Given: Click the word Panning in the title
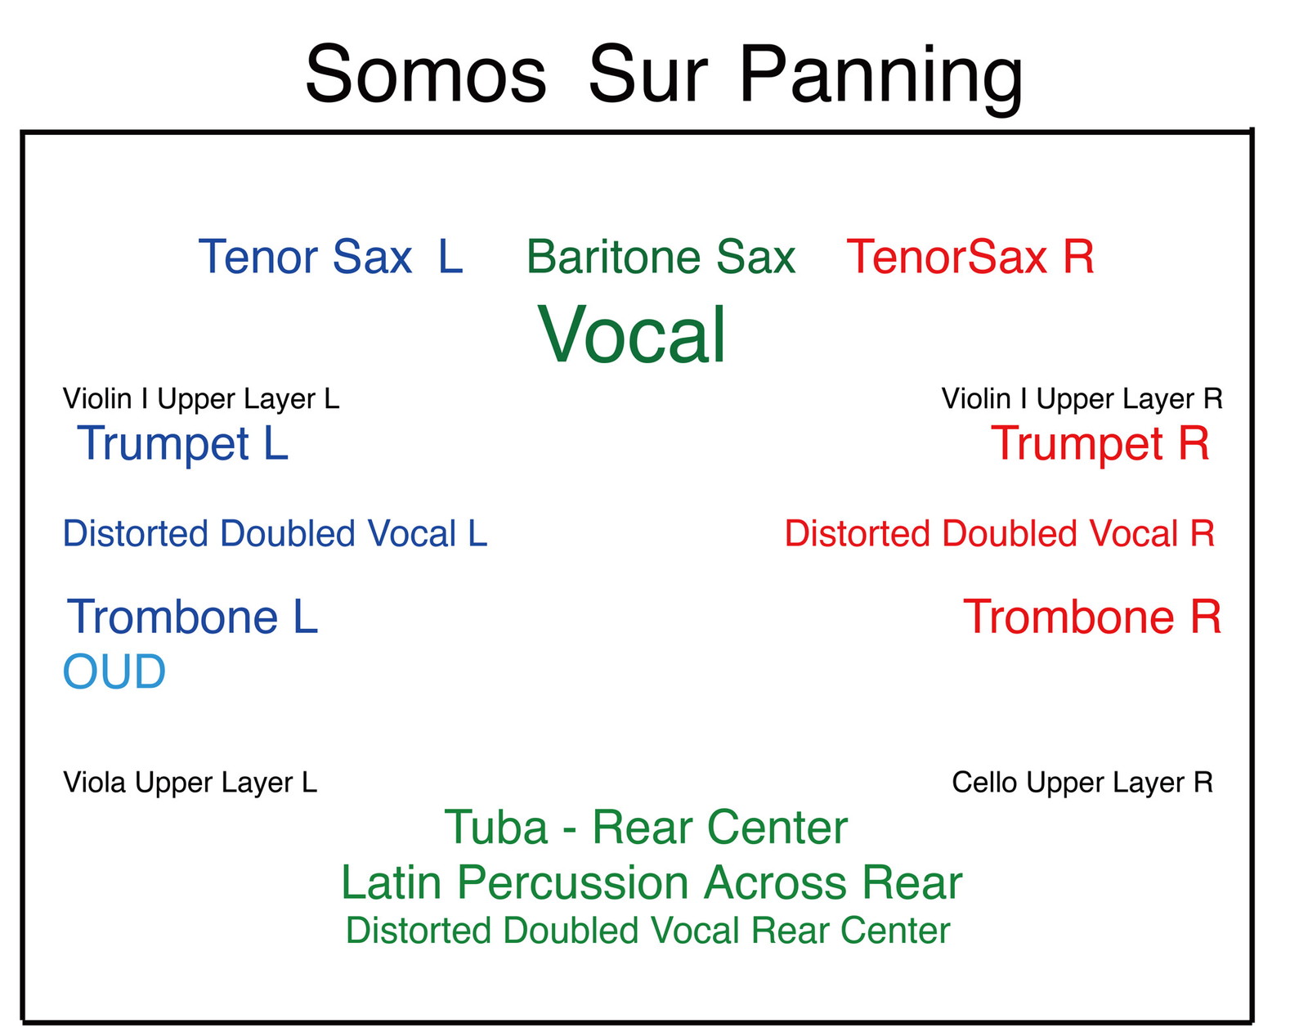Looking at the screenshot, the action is coord(881,79).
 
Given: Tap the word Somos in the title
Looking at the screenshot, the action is coord(426,74).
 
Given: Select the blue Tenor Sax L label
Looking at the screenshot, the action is coord(330,257).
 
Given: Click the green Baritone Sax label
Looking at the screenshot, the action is coord(661,257).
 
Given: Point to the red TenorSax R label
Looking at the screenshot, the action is coord(970,257).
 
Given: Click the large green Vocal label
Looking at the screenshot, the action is coord(632,334).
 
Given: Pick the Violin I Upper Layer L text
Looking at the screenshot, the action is coord(201,398).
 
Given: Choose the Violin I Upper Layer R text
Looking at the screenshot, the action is coord(1082,398).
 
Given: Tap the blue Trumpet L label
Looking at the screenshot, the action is coord(182,443).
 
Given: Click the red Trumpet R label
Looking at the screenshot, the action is coord(1100,443).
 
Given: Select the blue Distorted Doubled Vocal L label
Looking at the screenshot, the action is coord(275,533).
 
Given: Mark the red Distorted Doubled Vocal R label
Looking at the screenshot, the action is coord(999,533).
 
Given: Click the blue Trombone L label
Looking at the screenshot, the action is coord(192,617).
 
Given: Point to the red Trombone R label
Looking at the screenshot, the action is coord(1092,617).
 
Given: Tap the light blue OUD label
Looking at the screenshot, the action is coord(114,671).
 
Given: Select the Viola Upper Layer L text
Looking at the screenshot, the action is coord(190,783).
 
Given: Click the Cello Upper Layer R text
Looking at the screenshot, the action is coord(1082,783).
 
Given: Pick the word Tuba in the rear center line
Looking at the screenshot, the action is coord(496,827).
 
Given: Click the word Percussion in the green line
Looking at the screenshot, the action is coord(572,882).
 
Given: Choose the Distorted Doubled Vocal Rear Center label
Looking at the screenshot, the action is coord(647,931).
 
